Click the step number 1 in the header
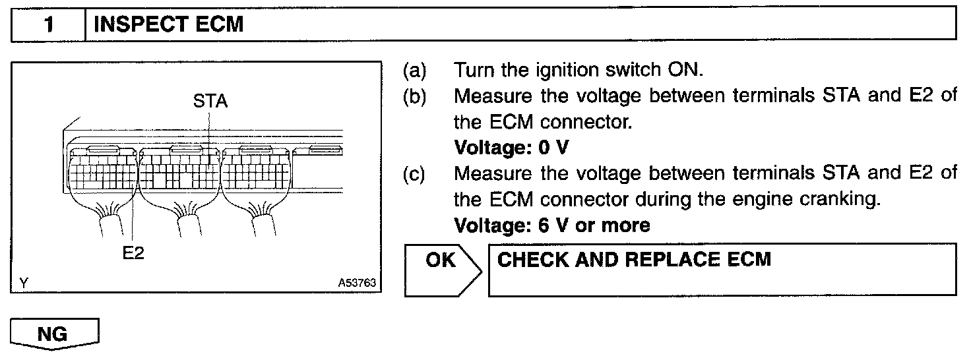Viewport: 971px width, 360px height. tap(48, 25)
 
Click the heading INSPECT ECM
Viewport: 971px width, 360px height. tap(169, 25)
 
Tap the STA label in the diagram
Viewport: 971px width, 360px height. tap(210, 102)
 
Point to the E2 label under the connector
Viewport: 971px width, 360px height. tap(133, 253)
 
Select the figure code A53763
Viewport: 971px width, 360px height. tap(356, 283)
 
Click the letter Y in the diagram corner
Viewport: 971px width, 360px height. tap(24, 283)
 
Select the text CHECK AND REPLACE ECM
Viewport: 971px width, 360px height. tap(634, 259)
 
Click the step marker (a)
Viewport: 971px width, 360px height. tap(415, 70)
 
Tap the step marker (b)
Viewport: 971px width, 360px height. tap(415, 96)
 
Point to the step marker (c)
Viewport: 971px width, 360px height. tap(415, 173)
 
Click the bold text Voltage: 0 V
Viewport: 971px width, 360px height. tap(511, 148)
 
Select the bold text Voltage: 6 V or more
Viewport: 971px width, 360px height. tap(552, 225)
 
